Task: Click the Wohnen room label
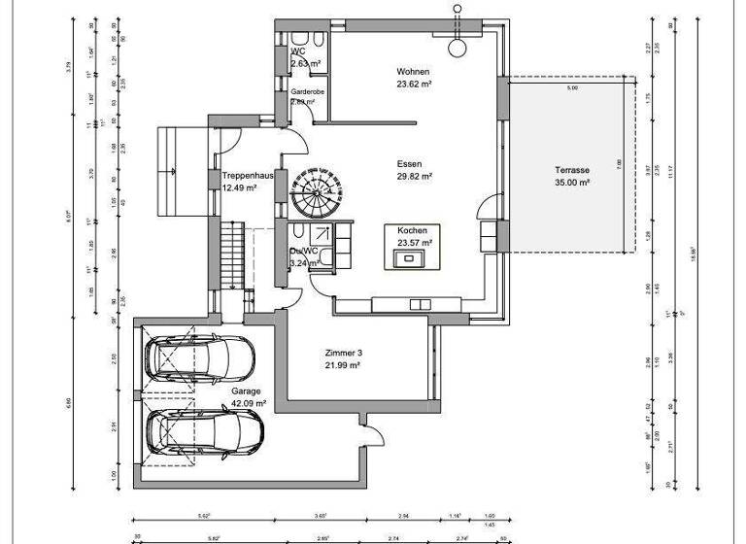point(413,73)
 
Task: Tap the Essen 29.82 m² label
point(414,165)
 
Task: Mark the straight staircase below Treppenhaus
point(231,255)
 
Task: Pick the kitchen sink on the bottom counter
point(420,304)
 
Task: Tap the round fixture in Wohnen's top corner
point(456,46)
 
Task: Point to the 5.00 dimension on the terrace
point(571,88)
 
